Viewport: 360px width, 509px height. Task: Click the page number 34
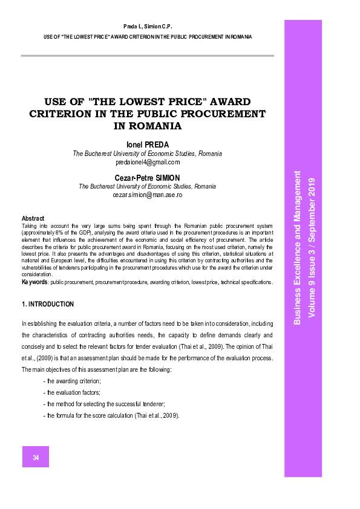point(36,458)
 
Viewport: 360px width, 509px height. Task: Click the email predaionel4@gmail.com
point(148,162)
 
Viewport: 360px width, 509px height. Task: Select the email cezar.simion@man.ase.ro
point(148,195)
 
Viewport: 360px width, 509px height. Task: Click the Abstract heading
point(33,218)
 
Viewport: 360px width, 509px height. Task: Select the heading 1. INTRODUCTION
point(48,304)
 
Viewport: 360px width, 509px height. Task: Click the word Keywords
point(34,282)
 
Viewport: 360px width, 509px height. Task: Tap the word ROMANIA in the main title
point(148,126)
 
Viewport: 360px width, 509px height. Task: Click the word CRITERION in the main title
point(64,114)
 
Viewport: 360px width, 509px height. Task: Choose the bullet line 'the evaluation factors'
point(71,392)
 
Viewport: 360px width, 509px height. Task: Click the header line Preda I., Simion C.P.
point(148,27)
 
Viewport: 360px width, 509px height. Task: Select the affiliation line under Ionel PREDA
point(148,154)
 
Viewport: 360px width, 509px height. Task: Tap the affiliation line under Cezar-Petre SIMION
point(148,187)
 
